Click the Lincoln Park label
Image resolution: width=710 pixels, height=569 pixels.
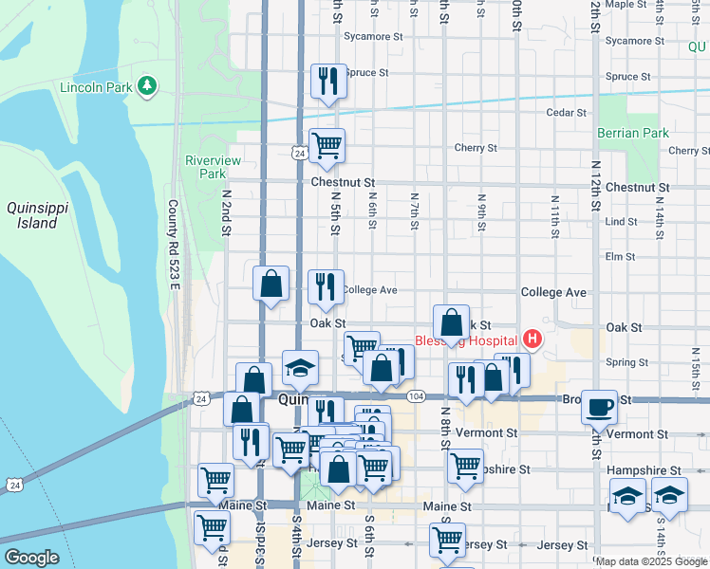click(x=95, y=87)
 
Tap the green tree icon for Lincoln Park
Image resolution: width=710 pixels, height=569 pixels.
click(x=146, y=87)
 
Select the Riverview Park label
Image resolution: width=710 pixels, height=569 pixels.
click(x=206, y=167)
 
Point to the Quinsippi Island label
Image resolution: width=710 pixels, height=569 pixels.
click(x=32, y=215)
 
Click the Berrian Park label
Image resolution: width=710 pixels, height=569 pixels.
click(x=634, y=134)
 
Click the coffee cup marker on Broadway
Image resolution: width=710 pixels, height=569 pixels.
click(x=598, y=406)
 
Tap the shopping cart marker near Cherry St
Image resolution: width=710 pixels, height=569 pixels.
click(x=327, y=145)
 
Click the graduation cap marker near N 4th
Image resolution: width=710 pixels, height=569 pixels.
click(x=300, y=368)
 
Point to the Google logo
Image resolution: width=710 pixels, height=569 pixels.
click(x=32, y=558)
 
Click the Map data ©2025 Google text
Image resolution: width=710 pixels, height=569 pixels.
click(x=651, y=561)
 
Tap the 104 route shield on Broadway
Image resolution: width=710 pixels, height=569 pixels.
click(x=416, y=395)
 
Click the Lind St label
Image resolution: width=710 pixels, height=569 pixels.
click(x=621, y=221)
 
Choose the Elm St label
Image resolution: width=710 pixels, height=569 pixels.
click(x=620, y=256)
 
